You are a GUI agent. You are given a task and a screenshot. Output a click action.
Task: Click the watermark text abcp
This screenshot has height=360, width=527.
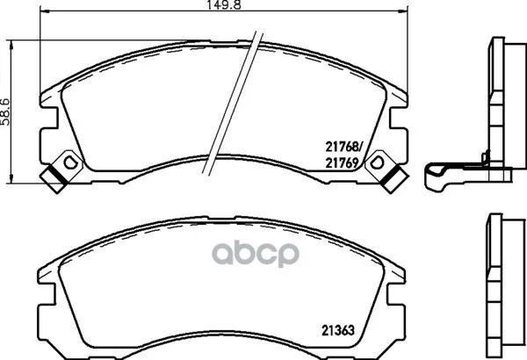[265, 249]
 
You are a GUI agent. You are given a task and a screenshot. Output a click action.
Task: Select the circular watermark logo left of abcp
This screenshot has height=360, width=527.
[216, 249]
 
